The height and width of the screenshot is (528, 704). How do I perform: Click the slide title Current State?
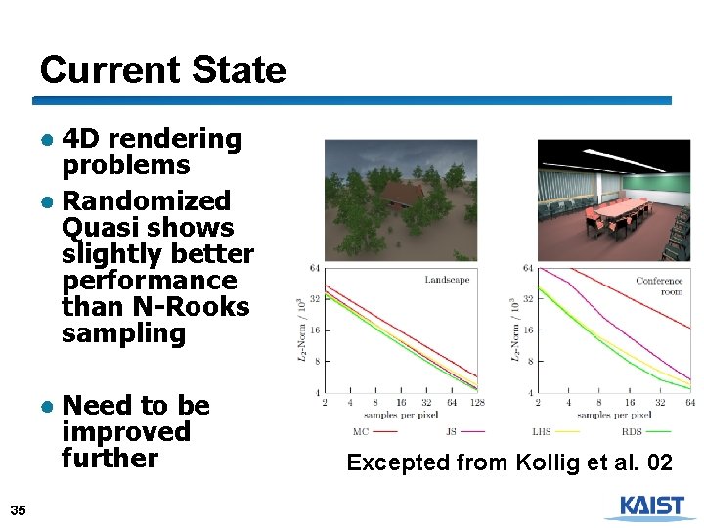162,70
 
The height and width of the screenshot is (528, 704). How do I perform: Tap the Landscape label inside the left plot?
447,280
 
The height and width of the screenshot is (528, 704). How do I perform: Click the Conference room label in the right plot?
659,286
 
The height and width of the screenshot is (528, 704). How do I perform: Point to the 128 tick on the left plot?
477,402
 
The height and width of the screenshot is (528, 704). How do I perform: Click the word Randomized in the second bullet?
146,201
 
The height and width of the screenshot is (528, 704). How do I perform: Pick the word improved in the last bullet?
125,432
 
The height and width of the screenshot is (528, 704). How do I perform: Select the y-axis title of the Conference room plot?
515,330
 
